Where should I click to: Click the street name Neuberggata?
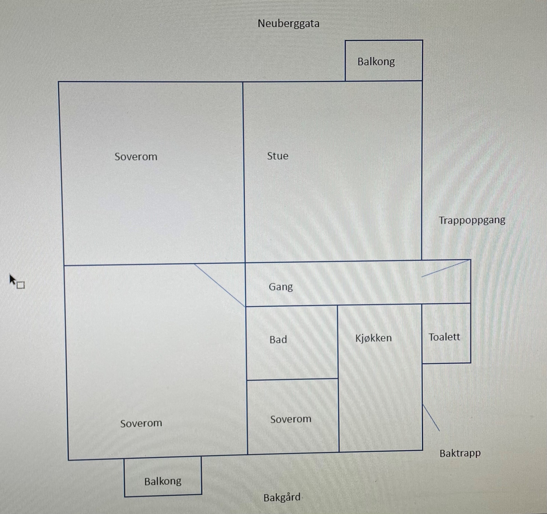pos(289,24)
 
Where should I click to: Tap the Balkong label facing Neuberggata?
pos(376,62)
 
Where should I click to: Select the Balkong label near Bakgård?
pos(163,481)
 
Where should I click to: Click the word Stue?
pos(278,156)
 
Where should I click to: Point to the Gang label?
pos(281,287)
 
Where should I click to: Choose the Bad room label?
pos(278,339)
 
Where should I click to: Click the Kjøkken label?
pos(373,338)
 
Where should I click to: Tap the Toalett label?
pos(444,337)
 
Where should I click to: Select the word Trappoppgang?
pos(472,220)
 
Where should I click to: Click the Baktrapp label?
pos(460,453)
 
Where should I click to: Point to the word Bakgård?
pos(282,497)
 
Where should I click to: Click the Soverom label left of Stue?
pos(136,156)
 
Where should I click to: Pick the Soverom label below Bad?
pos(291,419)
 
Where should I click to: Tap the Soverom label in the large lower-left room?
pos(141,423)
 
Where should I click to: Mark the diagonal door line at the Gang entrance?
pos(446,268)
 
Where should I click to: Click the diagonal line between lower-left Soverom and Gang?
pos(220,285)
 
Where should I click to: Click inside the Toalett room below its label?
pos(446,353)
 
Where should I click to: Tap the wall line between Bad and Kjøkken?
pos(338,342)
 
